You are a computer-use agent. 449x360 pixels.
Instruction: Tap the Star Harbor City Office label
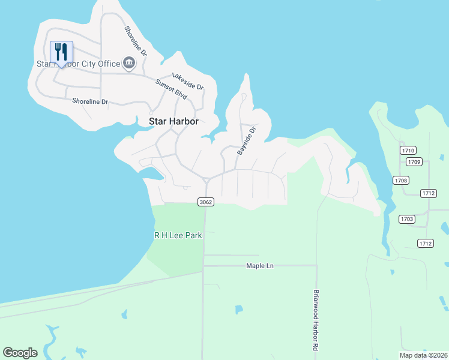(77, 63)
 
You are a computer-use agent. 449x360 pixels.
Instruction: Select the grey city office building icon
(128, 62)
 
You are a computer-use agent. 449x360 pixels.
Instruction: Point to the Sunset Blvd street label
(172, 89)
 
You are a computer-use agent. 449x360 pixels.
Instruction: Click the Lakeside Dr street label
(188, 82)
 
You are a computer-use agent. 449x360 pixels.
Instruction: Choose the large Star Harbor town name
(173, 121)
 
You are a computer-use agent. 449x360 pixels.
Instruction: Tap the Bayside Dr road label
(247, 141)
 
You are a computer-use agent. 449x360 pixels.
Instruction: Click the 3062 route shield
(205, 202)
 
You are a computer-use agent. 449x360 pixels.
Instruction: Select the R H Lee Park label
(178, 236)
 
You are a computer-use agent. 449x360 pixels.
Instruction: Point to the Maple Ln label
(260, 266)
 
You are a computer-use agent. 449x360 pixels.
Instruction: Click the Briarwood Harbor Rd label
(316, 321)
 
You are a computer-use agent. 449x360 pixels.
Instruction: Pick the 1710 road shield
(408, 150)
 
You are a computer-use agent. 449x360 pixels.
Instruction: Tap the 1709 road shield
(414, 161)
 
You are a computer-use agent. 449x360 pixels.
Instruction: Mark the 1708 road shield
(401, 180)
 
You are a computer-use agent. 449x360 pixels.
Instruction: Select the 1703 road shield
(407, 219)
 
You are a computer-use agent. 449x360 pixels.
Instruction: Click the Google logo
(20, 353)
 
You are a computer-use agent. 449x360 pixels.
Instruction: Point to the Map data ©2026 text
(423, 355)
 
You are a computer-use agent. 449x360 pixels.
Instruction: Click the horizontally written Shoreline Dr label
(89, 101)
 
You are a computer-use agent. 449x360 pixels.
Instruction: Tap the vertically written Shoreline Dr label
(136, 41)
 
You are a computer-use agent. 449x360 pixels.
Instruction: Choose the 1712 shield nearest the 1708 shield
(428, 193)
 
